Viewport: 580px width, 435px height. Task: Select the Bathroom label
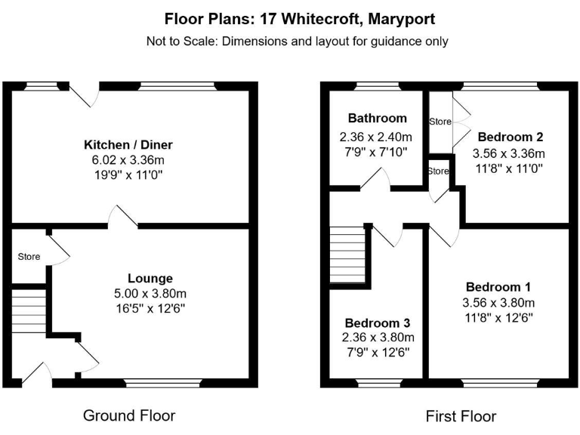tap(377, 118)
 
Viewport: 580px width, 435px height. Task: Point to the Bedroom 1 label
tap(498, 287)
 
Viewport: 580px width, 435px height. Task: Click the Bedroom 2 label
tap(510, 137)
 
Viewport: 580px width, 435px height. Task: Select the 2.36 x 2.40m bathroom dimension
tap(376, 137)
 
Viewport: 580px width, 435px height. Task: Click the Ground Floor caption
tap(129, 415)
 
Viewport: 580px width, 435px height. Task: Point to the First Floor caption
tap(461, 416)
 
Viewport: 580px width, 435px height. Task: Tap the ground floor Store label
tap(29, 257)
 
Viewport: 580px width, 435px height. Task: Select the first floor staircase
tap(347, 255)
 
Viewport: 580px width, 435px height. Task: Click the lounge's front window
tap(164, 383)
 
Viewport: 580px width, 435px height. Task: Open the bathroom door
tap(375, 180)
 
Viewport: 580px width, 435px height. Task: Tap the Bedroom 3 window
tap(378, 383)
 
